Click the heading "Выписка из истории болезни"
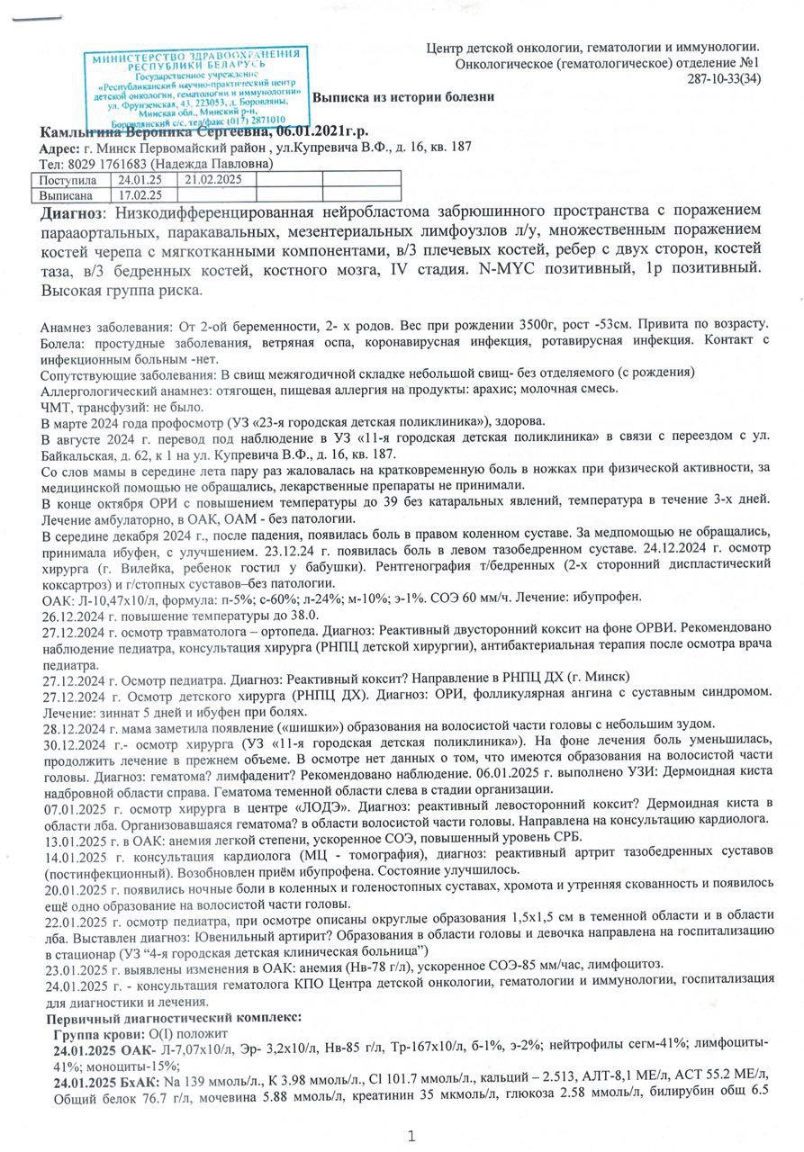(402, 97)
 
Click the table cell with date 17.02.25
(140, 193)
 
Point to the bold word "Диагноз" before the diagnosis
(72, 214)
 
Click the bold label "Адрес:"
(59, 148)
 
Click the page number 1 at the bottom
(411, 1136)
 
